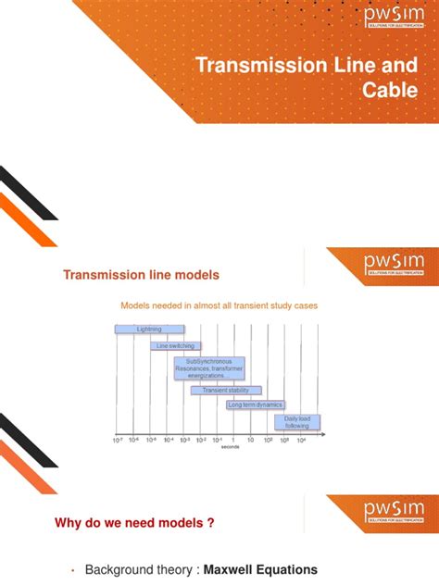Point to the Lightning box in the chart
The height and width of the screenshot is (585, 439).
pyautogui.click(x=149, y=329)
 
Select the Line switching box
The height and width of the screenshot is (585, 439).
pyautogui.click(x=175, y=345)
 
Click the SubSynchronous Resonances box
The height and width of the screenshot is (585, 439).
pyautogui.click(x=208, y=368)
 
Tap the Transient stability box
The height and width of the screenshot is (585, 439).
pyautogui.click(x=225, y=390)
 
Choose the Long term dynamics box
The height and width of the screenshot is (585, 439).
pyautogui.click(x=256, y=405)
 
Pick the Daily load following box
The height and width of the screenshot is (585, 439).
pyautogui.click(x=297, y=422)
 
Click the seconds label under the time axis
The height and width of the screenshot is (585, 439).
pyautogui.click(x=232, y=448)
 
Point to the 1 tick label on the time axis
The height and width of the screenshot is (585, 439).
pyautogui.click(x=233, y=440)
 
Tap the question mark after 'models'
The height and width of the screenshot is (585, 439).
pyautogui.click(x=211, y=523)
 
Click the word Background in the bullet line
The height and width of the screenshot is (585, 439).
pyautogui.click(x=119, y=570)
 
